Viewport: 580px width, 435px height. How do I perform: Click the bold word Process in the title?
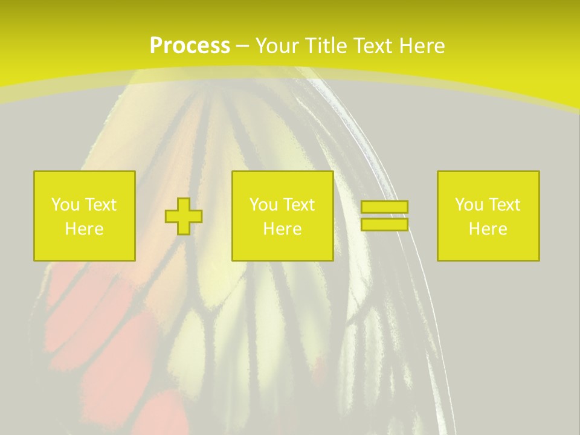click(x=190, y=46)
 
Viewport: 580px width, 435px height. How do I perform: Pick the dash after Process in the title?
click(x=242, y=47)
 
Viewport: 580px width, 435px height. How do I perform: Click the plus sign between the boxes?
click(x=184, y=216)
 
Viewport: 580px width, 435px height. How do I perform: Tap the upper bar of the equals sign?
click(x=384, y=207)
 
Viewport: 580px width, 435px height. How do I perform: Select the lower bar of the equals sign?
click(x=384, y=224)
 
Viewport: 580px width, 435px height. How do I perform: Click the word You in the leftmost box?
click(x=65, y=205)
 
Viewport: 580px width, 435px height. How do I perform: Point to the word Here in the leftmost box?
click(x=85, y=229)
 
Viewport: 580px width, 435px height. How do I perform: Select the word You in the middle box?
click(x=263, y=205)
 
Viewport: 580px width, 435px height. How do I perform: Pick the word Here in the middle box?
click(x=283, y=229)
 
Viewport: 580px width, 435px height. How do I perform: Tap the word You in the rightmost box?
click(x=469, y=205)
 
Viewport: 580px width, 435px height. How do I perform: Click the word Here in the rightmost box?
click(x=488, y=229)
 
